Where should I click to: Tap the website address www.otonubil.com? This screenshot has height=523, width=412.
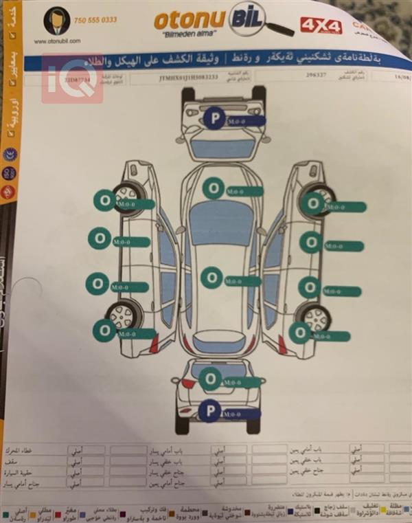coord(56,41)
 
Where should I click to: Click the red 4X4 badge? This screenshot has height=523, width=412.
coord(321,26)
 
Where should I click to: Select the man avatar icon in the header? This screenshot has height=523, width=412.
coord(56,21)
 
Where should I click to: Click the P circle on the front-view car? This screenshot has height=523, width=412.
coord(214,119)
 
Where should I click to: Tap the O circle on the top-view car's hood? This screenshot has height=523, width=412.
coord(214,187)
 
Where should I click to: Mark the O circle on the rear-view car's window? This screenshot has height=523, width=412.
coord(212,377)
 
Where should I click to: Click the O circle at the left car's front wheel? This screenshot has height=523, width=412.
coord(104,199)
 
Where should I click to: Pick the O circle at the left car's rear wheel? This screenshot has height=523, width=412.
coord(104,331)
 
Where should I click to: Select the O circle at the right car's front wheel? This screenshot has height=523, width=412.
coord(313,202)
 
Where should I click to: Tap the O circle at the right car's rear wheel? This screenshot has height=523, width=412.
coord(300,333)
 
